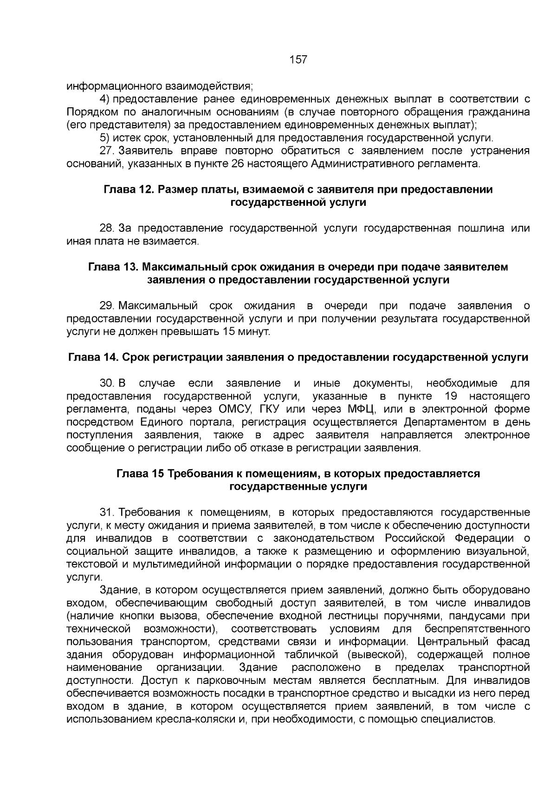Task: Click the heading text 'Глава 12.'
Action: (126, 190)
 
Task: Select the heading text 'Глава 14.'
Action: (91, 357)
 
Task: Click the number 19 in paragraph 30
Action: (451, 396)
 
